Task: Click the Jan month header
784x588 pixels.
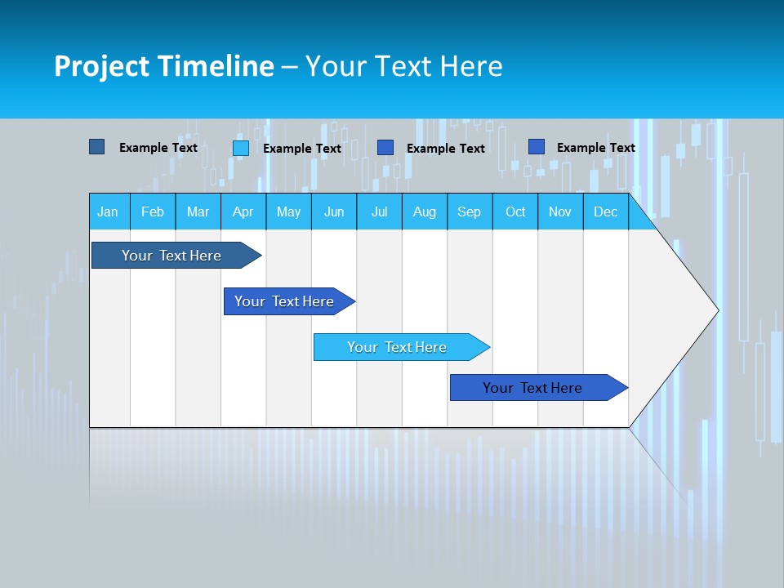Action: [x=108, y=212]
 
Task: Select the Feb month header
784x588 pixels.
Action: [x=153, y=212]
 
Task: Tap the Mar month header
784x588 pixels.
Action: [x=198, y=212]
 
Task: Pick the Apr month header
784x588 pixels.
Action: [x=243, y=212]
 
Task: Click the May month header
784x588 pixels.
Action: [x=288, y=212]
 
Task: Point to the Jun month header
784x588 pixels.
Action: [x=334, y=212]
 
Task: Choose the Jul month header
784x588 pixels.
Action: [x=379, y=212]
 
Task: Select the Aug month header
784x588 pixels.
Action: [x=425, y=212]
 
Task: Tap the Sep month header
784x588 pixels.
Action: [x=469, y=212]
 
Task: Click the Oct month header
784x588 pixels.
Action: [x=515, y=212]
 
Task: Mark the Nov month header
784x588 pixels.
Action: [x=560, y=212]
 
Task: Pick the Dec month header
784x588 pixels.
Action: [x=606, y=212]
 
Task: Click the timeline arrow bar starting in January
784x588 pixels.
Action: [x=171, y=256]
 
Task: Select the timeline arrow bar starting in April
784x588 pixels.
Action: [x=284, y=301]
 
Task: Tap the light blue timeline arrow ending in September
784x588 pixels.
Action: [x=397, y=347]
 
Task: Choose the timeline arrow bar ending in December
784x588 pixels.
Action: [x=532, y=388]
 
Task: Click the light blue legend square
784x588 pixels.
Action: [x=241, y=148]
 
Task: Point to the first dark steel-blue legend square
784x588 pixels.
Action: [x=96, y=147]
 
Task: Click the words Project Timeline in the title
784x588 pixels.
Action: [x=164, y=66]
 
